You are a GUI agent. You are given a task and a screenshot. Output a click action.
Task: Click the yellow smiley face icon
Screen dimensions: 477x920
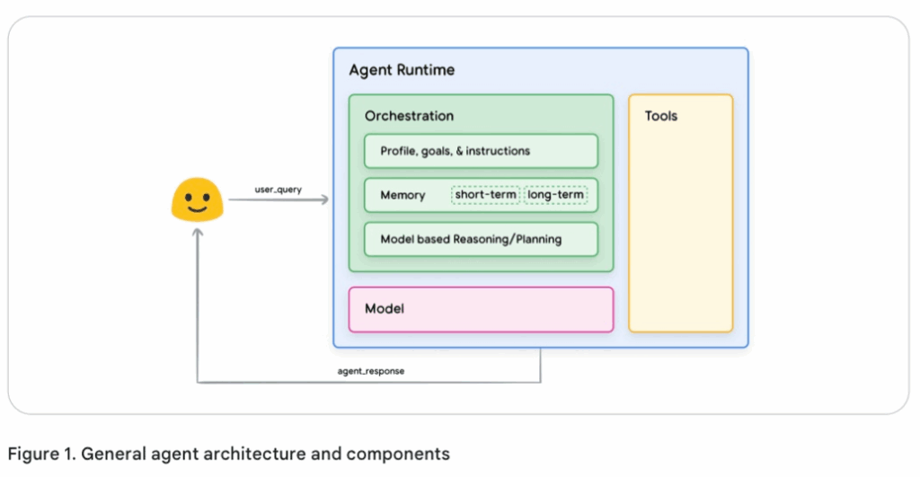[x=197, y=199]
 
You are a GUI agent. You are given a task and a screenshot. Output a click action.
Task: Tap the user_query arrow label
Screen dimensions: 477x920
[x=278, y=190]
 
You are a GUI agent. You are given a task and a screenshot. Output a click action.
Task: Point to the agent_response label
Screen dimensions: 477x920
[x=371, y=371]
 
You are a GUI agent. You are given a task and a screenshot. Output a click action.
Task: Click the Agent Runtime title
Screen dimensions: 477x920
[x=402, y=69]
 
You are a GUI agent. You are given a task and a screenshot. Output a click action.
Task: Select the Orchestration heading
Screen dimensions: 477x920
[x=409, y=116]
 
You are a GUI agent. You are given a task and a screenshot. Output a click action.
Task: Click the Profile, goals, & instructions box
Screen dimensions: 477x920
[x=481, y=151]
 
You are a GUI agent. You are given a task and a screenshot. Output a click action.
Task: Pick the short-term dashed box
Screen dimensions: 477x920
[x=486, y=195]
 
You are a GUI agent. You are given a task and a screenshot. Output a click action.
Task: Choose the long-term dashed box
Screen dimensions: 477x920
[x=555, y=195]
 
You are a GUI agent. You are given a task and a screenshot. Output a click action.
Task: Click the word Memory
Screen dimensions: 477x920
[x=402, y=195]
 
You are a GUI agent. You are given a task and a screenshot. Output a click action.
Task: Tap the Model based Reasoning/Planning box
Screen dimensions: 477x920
[x=481, y=239]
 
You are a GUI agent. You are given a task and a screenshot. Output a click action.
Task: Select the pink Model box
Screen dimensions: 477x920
[x=481, y=309]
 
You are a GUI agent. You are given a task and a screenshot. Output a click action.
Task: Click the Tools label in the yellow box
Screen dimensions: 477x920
[x=661, y=116]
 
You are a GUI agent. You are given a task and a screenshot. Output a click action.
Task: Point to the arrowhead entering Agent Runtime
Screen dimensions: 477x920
[x=325, y=201]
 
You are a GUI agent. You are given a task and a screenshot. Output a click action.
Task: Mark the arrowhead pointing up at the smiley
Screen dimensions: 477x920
[x=197, y=233]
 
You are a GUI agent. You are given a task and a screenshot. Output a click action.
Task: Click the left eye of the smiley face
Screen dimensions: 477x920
[x=188, y=195]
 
